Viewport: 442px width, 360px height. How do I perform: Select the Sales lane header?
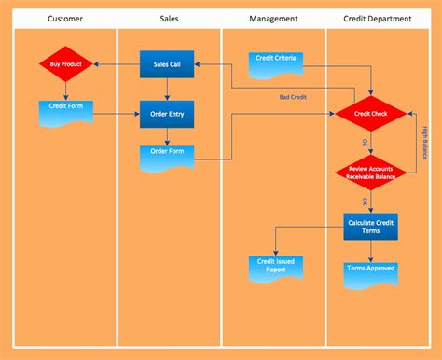[x=170, y=18]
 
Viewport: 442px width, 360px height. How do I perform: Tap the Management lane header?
[x=274, y=18]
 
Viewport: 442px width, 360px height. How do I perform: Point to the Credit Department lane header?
[x=378, y=18]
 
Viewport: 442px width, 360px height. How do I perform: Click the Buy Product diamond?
[x=65, y=64]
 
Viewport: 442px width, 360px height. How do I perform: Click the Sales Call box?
[x=167, y=64]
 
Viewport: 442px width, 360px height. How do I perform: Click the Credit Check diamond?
[x=371, y=113]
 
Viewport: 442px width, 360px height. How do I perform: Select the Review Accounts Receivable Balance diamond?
[x=371, y=171]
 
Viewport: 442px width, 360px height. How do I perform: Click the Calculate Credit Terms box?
[x=371, y=226]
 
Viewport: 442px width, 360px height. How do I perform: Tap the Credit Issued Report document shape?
[x=274, y=267]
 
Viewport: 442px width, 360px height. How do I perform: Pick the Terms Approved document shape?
[x=371, y=270]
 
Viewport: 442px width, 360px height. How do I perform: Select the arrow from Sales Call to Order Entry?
[x=167, y=89]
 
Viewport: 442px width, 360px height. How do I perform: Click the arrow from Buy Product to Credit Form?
[x=65, y=90]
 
